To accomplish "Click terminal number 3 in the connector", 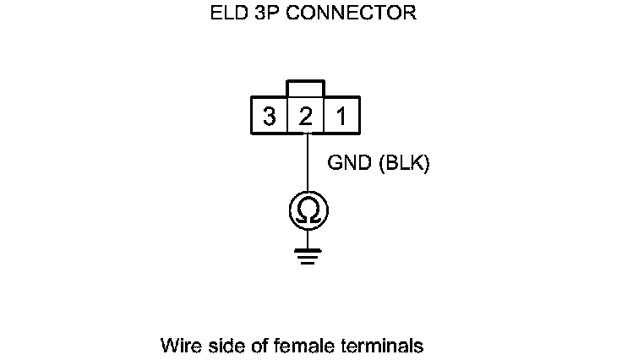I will pos(269,117).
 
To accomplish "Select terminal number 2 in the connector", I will pos(305,117).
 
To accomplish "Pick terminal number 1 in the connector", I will pos(341,117).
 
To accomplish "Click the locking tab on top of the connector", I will pos(305,90).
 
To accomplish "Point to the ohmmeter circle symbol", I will pos(308,211).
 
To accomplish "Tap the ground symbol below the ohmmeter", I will pos(308,255).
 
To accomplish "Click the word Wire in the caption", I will pos(178,346).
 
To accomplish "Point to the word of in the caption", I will pos(251,346).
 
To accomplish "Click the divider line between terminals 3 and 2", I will pos(287,117).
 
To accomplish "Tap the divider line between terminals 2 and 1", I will pos(324,117).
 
